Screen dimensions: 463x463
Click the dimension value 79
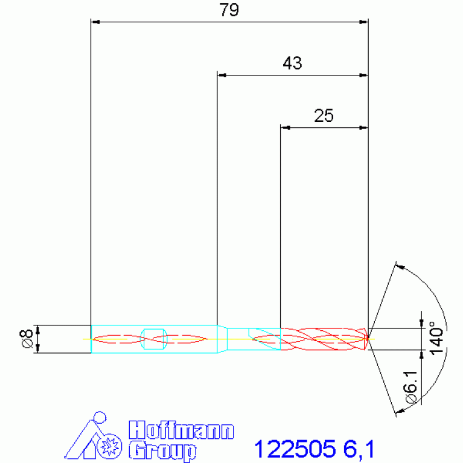pos(229,10)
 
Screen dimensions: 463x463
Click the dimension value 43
pos(292,63)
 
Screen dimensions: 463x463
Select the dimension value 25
pos(324,115)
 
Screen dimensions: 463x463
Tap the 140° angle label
pos(436,338)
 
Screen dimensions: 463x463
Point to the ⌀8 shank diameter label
pos(27,339)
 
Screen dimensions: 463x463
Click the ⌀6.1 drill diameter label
pos(411,387)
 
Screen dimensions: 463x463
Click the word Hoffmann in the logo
pos(181,430)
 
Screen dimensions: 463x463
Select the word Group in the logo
pos(162,451)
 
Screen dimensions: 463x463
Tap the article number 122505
pos(295,449)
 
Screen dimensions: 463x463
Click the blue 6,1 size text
pos(359,449)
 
